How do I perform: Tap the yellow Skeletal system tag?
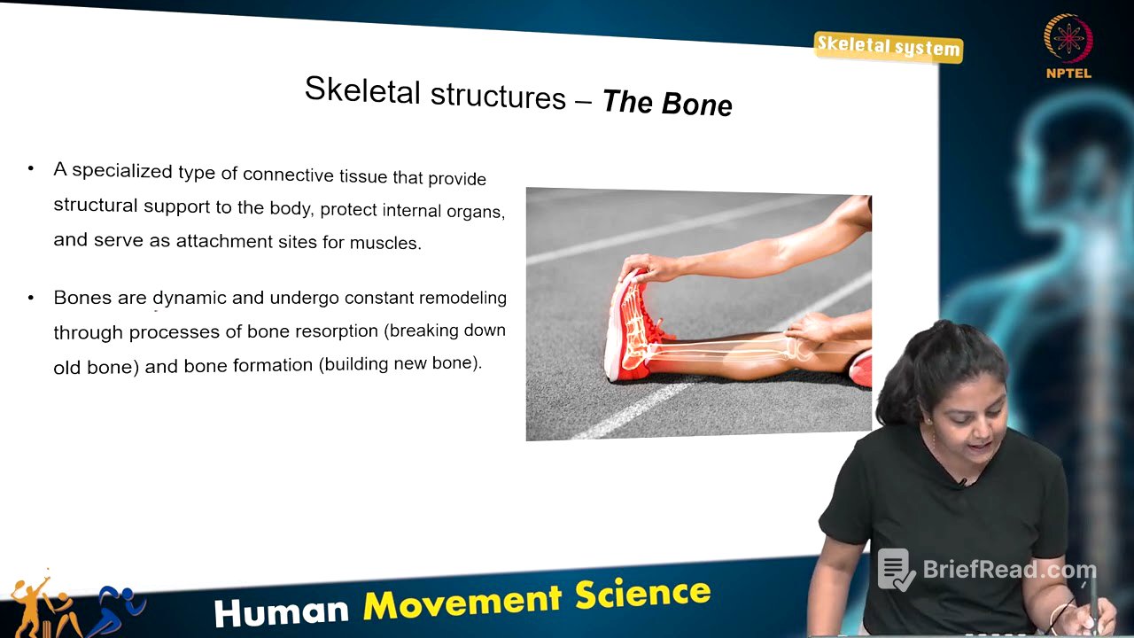[x=888, y=46]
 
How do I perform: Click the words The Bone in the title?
[x=667, y=104]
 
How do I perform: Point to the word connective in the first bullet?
[x=289, y=174]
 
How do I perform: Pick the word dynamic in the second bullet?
[x=189, y=298]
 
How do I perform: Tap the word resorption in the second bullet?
[x=332, y=331]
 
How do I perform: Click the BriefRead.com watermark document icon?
[x=895, y=570]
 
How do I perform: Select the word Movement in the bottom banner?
[x=462, y=602]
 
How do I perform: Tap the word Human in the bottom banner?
[x=282, y=611]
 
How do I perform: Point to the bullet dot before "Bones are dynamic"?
[x=32, y=298]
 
